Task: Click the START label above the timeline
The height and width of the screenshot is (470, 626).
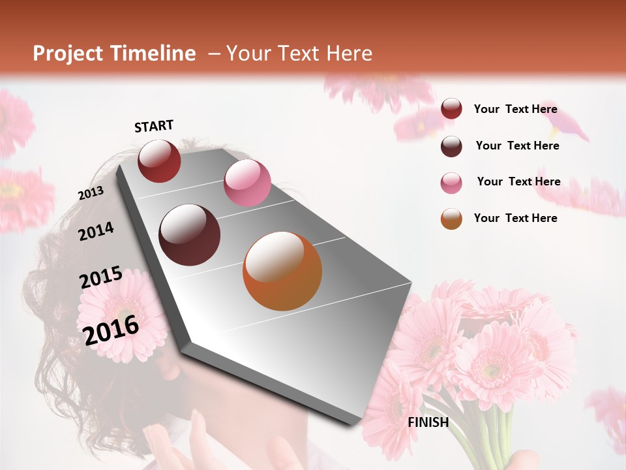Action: pyautogui.click(x=154, y=126)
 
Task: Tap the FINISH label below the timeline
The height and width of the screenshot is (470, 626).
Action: pyautogui.click(x=428, y=422)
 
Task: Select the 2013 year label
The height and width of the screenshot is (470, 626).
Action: pyautogui.click(x=91, y=193)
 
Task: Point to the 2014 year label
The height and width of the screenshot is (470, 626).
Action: pyautogui.click(x=96, y=231)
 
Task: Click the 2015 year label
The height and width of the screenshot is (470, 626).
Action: pyautogui.click(x=101, y=277)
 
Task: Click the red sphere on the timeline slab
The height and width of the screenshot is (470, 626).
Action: pyautogui.click(x=159, y=161)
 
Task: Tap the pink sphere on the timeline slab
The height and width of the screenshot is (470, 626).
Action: pyautogui.click(x=247, y=183)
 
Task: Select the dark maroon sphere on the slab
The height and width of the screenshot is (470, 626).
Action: pyautogui.click(x=190, y=235)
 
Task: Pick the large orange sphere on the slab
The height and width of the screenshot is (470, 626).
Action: pyautogui.click(x=282, y=271)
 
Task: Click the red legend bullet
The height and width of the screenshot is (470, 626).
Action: pyautogui.click(x=451, y=109)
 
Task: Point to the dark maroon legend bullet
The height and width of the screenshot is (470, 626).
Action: pyautogui.click(x=451, y=146)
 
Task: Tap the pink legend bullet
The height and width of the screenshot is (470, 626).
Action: pyautogui.click(x=451, y=183)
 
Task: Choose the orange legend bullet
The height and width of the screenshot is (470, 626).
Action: pyautogui.click(x=451, y=219)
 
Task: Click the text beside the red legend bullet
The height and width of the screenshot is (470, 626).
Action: pyautogui.click(x=515, y=110)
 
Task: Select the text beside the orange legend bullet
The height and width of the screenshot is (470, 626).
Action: pyautogui.click(x=515, y=218)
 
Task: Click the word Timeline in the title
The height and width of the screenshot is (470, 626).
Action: pyautogui.click(x=153, y=54)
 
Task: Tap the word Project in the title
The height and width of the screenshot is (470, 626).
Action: pyautogui.click(x=67, y=54)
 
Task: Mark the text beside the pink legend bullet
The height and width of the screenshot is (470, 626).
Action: pyautogui.click(x=518, y=181)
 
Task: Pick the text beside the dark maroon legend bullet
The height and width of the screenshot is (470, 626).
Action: pyautogui.click(x=517, y=146)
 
